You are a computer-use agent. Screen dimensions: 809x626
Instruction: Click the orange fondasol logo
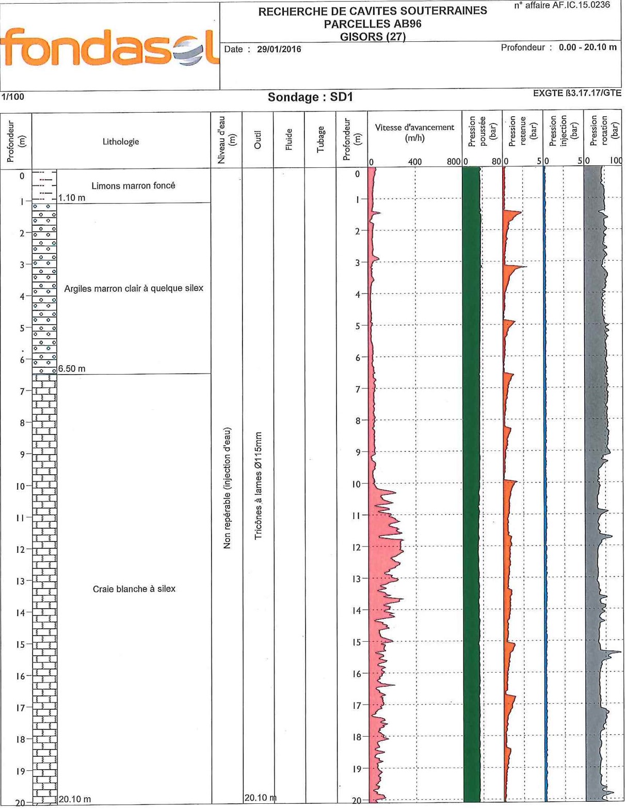pos(110,48)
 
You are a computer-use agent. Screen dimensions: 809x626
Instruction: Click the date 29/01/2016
pos(279,50)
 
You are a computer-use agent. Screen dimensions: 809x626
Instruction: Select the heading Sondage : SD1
pos(310,97)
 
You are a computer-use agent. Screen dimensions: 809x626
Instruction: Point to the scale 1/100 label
pos(12,97)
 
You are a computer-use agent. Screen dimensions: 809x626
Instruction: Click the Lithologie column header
pos(121,142)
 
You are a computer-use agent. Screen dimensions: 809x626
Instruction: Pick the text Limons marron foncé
pos(133,185)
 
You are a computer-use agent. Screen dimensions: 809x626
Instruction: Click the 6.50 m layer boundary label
pos(72,369)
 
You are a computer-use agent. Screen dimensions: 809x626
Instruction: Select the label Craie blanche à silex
pos(134,588)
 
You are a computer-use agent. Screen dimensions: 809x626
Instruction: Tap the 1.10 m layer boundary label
pos(72,198)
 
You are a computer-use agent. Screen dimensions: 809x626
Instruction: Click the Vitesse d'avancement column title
pos(414,132)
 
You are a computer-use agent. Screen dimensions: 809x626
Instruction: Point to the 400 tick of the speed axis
pos(415,162)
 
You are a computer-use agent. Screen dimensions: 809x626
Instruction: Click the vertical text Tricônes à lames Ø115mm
pos(259,486)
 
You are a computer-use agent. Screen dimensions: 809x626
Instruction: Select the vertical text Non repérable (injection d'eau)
pos(227,488)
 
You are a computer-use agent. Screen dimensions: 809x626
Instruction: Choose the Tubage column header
pos(320,139)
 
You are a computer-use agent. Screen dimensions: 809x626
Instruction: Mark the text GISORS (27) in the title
pos(373,37)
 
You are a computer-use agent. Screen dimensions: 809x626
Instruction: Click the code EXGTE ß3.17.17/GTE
pos(576,93)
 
